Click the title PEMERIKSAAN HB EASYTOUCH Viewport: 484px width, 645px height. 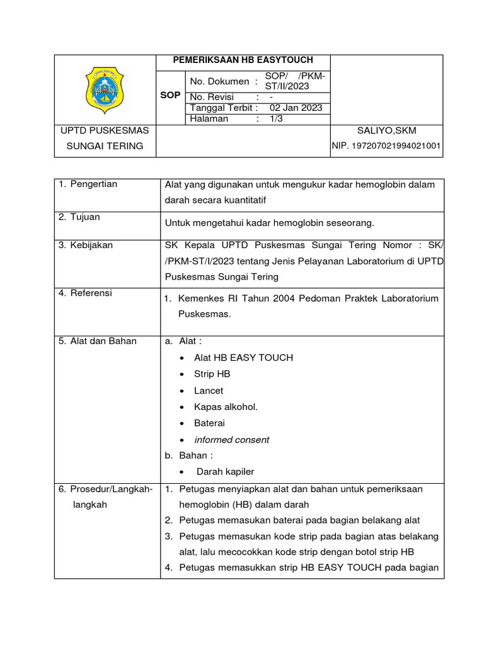point(243,60)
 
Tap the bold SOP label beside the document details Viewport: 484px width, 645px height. point(170,95)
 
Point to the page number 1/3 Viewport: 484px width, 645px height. point(276,118)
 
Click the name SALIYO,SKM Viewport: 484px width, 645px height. point(386,130)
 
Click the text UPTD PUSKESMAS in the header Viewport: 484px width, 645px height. point(105,130)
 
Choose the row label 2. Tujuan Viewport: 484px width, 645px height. point(79,217)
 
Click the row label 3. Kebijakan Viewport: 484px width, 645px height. point(86,245)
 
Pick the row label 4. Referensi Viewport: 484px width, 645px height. point(86,292)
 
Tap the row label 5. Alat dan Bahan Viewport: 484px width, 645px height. point(98,341)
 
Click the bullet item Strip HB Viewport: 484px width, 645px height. point(212,374)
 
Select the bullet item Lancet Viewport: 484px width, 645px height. point(209,391)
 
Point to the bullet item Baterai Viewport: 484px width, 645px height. point(209,423)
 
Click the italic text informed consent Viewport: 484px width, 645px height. point(231,440)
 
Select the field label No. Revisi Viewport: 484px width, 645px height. point(212,97)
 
